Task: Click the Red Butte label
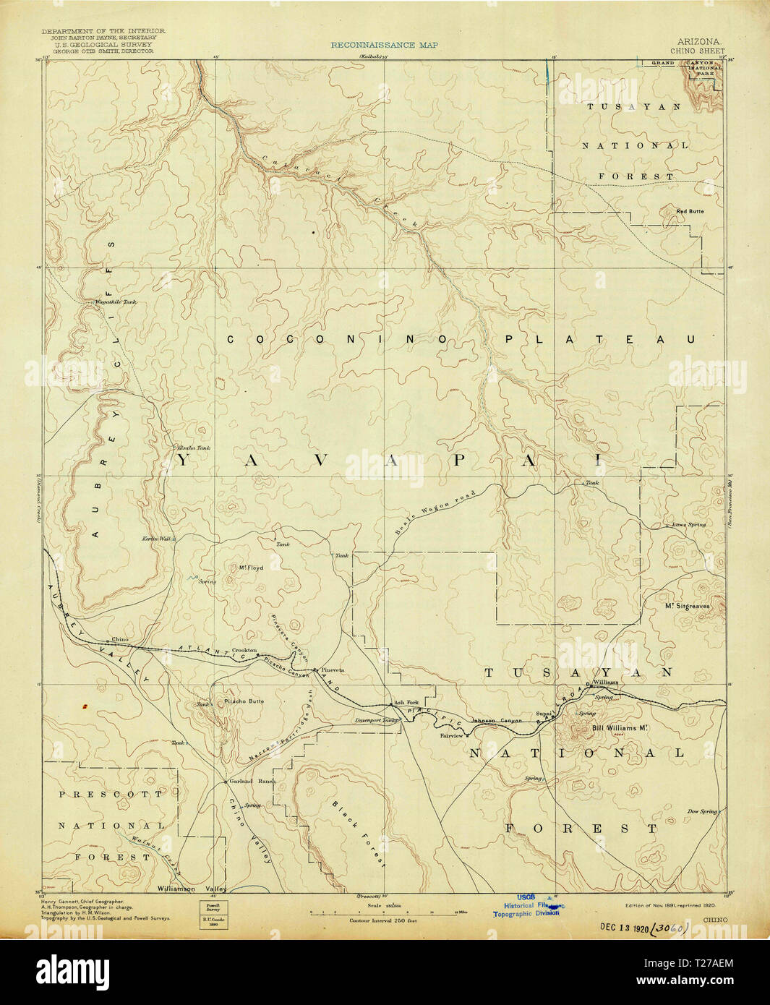689,211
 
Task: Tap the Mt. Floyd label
251,568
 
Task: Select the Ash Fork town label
406,703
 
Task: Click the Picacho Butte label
244,701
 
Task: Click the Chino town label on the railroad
119,640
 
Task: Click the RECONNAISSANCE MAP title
384,45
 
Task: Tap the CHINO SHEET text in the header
697,51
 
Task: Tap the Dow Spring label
702,811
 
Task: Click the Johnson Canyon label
496,721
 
